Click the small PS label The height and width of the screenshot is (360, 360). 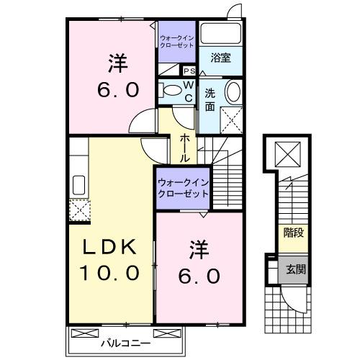[190, 71]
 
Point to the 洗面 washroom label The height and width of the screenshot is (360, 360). [210, 100]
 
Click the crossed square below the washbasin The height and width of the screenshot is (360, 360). [231, 118]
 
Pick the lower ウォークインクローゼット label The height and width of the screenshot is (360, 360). [183, 189]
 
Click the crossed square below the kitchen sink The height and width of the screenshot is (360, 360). [77, 209]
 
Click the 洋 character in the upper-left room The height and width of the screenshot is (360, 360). [118, 63]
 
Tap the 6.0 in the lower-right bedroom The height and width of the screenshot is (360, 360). [200, 276]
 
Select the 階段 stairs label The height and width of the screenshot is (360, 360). [293, 233]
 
